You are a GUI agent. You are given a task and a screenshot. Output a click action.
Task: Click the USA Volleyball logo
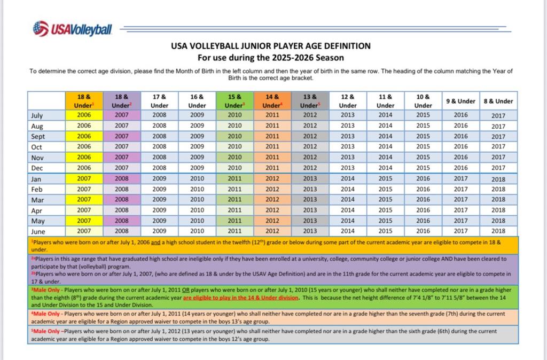click(73, 29)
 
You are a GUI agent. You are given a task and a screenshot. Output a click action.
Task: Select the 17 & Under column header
click(159, 101)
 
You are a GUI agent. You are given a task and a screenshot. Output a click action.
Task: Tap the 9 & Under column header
click(461, 101)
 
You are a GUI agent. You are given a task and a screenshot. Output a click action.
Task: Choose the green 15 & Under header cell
click(235, 101)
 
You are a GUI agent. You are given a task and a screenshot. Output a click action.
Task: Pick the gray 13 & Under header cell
click(310, 101)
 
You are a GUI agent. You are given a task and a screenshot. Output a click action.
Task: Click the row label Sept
click(38, 136)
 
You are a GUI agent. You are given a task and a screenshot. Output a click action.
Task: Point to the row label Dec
click(37, 168)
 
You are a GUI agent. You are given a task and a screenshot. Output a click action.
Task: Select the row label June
click(38, 231)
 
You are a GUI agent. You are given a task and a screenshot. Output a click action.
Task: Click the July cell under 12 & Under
click(347, 115)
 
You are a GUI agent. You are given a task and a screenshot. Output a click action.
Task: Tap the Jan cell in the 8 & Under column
click(498, 179)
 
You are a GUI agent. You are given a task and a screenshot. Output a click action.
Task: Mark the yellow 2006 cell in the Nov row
click(84, 158)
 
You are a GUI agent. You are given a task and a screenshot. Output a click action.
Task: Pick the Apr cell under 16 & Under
click(197, 210)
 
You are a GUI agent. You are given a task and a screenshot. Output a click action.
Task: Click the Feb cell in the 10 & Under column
click(423, 189)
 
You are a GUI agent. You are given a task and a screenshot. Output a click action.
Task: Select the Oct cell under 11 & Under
click(386, 146)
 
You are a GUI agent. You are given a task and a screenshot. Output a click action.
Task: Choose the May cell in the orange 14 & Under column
click(272, 221)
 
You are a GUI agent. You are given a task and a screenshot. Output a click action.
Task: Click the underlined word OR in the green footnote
click(185, 290)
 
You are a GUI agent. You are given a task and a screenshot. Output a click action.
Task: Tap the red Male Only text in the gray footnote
click(46, 331)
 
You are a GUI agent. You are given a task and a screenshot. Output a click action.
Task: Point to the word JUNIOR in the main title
click(254, 46)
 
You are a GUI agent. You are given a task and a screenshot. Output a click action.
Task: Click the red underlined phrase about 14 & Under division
click(241, 298)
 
